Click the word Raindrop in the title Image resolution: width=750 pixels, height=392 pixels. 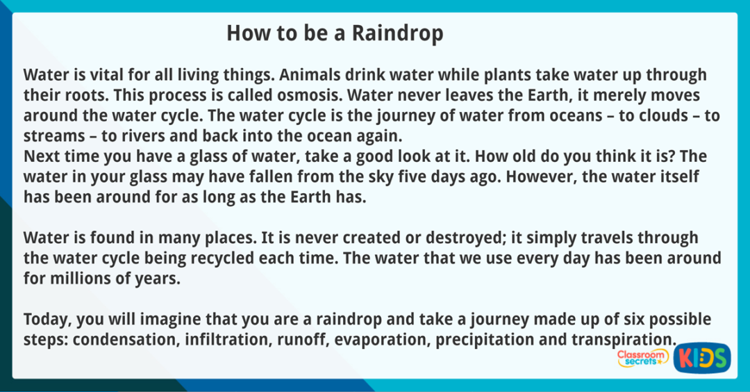click(x=397, y=33)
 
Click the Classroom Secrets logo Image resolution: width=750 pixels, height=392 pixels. click(x=642, y=357)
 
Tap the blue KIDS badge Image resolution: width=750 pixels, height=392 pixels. click(x=701, y=357)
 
